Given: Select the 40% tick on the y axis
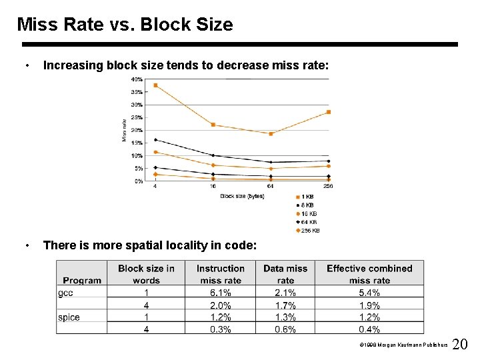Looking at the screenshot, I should (136, 79).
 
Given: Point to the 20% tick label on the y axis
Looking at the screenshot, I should (136, 130).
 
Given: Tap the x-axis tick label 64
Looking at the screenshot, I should (270, 187).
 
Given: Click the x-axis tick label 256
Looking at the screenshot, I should (328, 187).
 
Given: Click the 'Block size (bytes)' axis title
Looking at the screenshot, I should (242, 196).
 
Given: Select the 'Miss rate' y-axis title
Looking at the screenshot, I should (124, 130).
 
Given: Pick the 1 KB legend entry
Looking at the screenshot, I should (307, 197).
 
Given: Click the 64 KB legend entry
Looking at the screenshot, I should (307, 222).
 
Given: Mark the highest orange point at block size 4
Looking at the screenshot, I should (155, 85).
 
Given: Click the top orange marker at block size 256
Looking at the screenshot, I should (329, 112).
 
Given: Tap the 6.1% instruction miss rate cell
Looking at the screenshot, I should (220, 293).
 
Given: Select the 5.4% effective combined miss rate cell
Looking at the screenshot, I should (369, 293).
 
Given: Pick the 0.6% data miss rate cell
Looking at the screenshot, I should (285, 329).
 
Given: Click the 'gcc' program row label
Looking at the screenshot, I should (66, 293).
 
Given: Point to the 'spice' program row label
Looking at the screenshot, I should (69, 317).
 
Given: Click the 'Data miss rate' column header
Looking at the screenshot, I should (285, 274).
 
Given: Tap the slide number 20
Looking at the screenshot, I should (460, 345).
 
